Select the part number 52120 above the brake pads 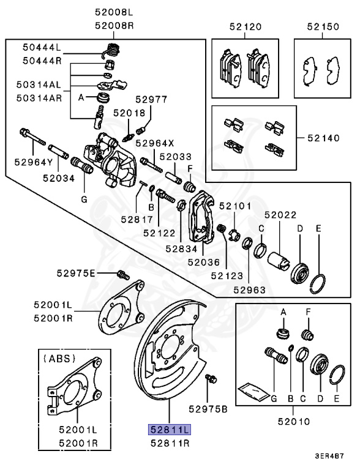click(x=246, y=27)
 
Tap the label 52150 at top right click(x=322, y=27)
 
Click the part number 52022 click(x=280, y=215)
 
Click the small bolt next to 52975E click(x=121, y=274)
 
